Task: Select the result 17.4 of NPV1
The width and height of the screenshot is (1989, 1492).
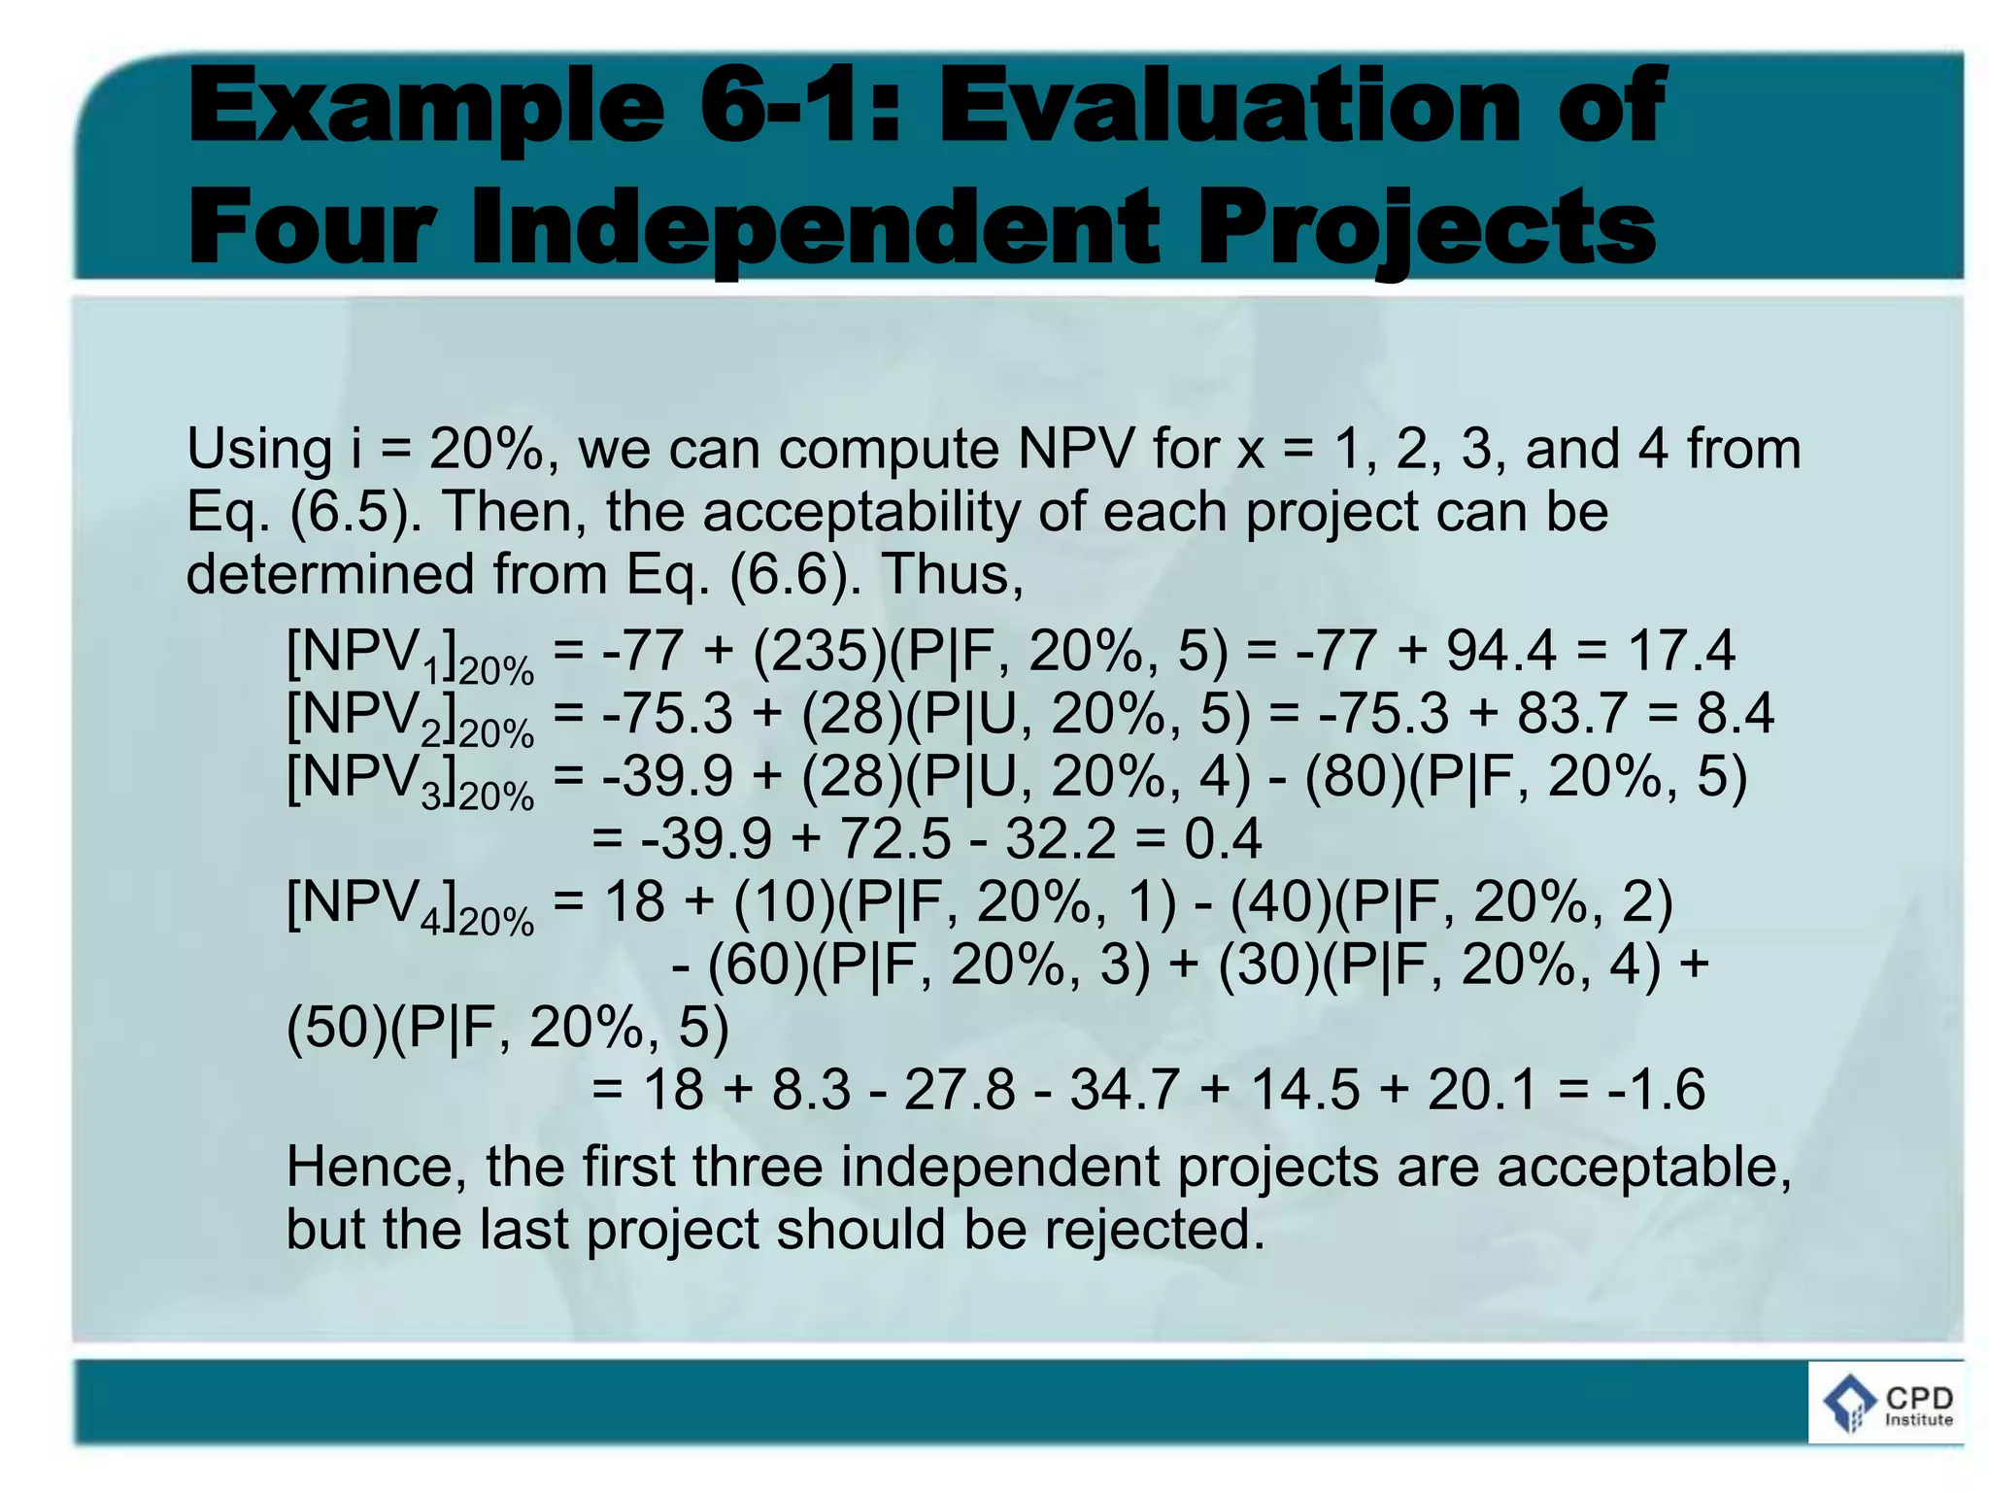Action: point(1680,651)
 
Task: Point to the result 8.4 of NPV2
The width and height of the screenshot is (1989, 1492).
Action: point(1736,713)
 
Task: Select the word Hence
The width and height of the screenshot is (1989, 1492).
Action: point(375,1167)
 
